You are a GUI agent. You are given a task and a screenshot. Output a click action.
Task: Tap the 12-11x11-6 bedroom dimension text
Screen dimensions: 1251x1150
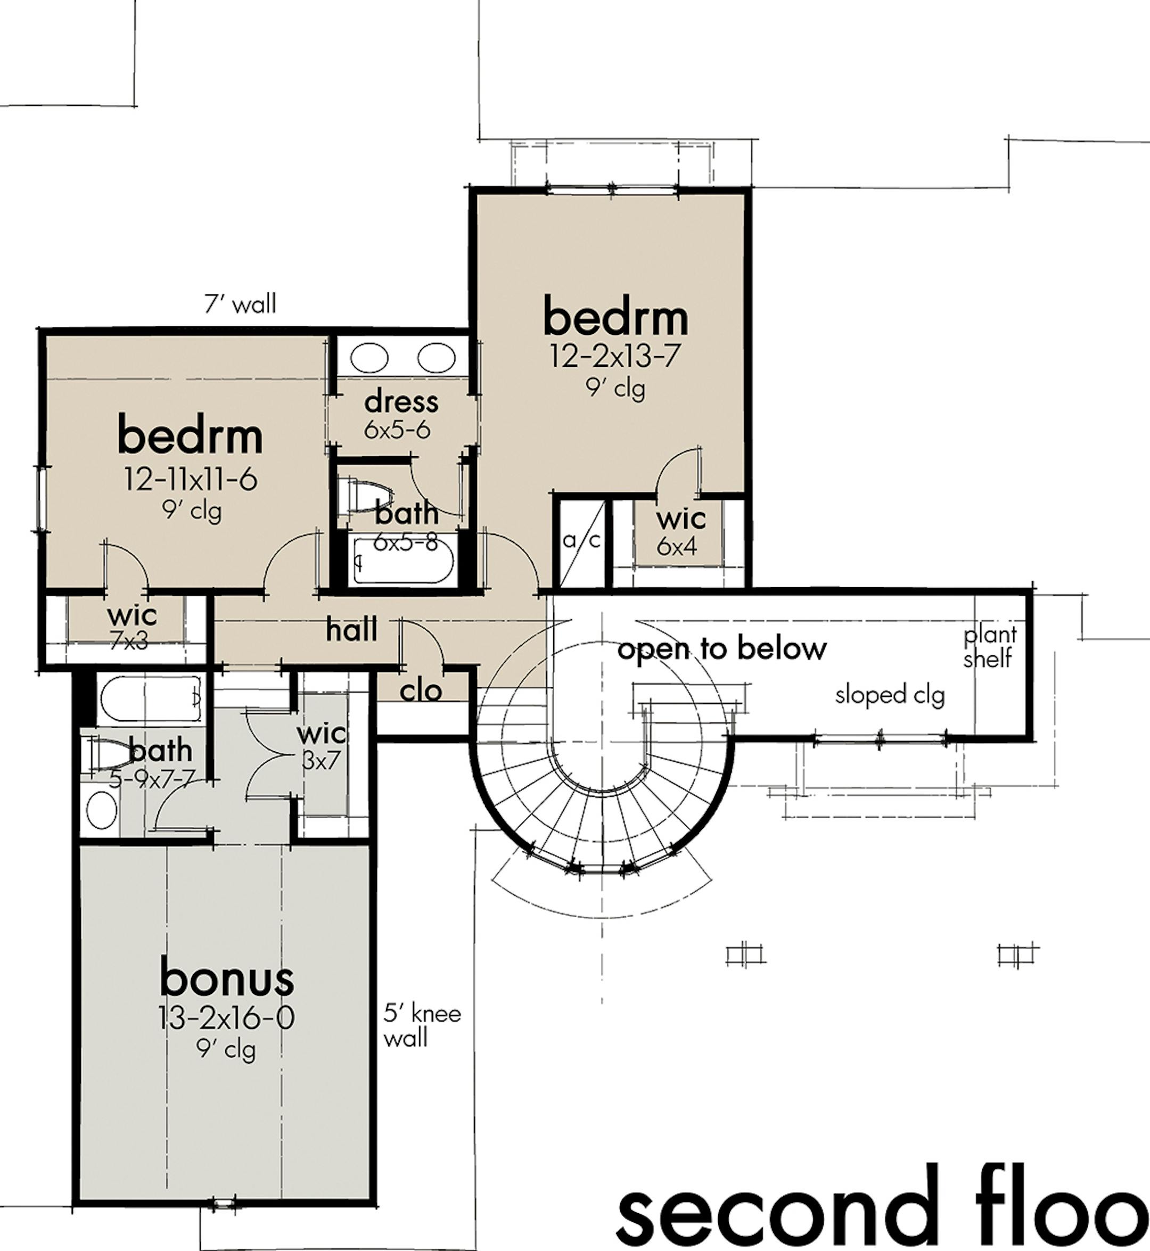pos(191,480)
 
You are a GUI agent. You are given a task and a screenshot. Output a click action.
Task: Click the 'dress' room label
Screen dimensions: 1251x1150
pos(401,402)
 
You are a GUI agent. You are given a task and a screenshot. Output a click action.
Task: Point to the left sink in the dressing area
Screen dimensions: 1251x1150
pos(369,358)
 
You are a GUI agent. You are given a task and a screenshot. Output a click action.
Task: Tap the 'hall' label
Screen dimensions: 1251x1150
pos(351,630)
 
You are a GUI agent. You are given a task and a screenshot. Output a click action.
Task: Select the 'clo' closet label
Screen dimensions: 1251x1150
pos(421,690)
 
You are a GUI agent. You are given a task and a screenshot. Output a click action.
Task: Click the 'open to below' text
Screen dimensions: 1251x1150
pos(722,649)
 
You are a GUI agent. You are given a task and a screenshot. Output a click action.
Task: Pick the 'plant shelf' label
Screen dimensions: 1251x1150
pos(989,646)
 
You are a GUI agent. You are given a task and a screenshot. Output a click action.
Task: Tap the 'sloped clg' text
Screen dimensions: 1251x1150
pos(890,695)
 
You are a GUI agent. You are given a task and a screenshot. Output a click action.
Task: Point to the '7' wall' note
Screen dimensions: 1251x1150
pos(240,304)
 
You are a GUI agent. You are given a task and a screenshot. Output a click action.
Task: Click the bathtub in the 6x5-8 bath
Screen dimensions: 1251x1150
pos(404,562)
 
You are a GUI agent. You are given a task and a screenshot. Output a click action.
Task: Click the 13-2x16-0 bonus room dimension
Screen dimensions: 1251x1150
pos(226,1018)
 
